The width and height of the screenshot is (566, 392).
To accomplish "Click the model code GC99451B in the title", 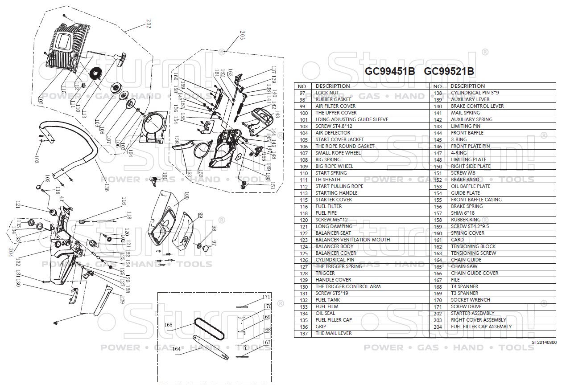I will pyautogui.click(x=390, y=71).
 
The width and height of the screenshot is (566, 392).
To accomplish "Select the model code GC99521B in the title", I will pyautogui.click(x=449, y=71).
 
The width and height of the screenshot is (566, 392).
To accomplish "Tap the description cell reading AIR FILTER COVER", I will pyautogui.click(x=335, y=106).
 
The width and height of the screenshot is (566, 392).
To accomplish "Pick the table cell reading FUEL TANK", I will pyautogui.click(x=327, y=300).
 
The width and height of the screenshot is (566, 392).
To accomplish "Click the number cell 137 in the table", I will pyautogui.click(x=304, y=333).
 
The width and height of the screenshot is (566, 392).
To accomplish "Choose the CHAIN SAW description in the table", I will pyautogui.click(x=464, y=266).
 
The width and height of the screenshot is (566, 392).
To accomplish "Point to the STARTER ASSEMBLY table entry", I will pyautogui.click(x=472, y=313).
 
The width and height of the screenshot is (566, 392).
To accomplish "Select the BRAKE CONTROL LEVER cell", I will pyautogui.click(x=477, y=106).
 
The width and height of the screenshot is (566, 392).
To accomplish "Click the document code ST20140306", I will pyautogui.click(x=544, y=343).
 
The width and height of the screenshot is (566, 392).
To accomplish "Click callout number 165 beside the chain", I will pyautogui.click(x=168, y=325).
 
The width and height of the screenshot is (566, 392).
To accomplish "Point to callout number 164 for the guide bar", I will pyautogui.click(x=177, y=349).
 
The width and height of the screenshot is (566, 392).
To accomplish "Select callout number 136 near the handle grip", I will pyautogui.click(x=106, y=188).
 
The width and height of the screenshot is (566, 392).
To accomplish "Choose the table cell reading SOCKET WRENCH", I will pyautogui.click(x=470, y=300).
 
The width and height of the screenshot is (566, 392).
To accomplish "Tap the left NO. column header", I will pyautogui.click(x=303, y=86).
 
